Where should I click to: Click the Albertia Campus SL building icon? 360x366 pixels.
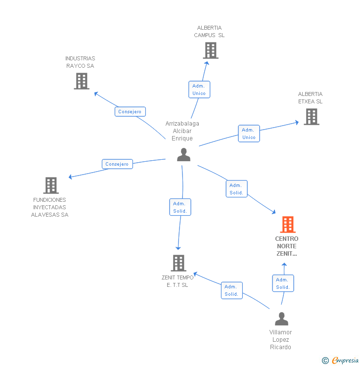coord(210,50)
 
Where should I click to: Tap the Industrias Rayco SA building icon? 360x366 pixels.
coord(82,81)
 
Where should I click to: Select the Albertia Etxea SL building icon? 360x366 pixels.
coord(311,117)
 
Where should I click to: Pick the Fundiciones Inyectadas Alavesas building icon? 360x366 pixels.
coord(51,185)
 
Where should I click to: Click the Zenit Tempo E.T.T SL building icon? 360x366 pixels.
coord(179,263)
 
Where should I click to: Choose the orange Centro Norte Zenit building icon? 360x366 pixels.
coord(287,225)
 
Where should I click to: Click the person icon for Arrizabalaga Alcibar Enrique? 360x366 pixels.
coord(183,155)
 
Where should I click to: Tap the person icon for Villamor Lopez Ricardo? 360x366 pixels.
coord(281,319)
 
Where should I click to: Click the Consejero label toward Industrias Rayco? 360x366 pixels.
coord(130,112)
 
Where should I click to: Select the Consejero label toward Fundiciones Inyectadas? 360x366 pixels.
coord(117,164)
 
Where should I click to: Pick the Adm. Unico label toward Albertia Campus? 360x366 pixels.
coord(199,90)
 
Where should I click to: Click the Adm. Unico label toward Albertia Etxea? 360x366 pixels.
coord(249,134)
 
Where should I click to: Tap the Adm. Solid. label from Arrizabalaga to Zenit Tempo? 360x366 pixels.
coord(180,207)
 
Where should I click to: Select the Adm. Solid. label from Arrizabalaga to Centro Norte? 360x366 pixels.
coord(236,189)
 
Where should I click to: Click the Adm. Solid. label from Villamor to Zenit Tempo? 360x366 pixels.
coord(231,290)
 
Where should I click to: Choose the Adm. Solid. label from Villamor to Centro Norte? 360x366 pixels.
coord(283,283)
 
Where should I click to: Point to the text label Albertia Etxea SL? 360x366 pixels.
coord(310,97)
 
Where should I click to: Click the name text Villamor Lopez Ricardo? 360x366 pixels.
coord(280,339)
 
